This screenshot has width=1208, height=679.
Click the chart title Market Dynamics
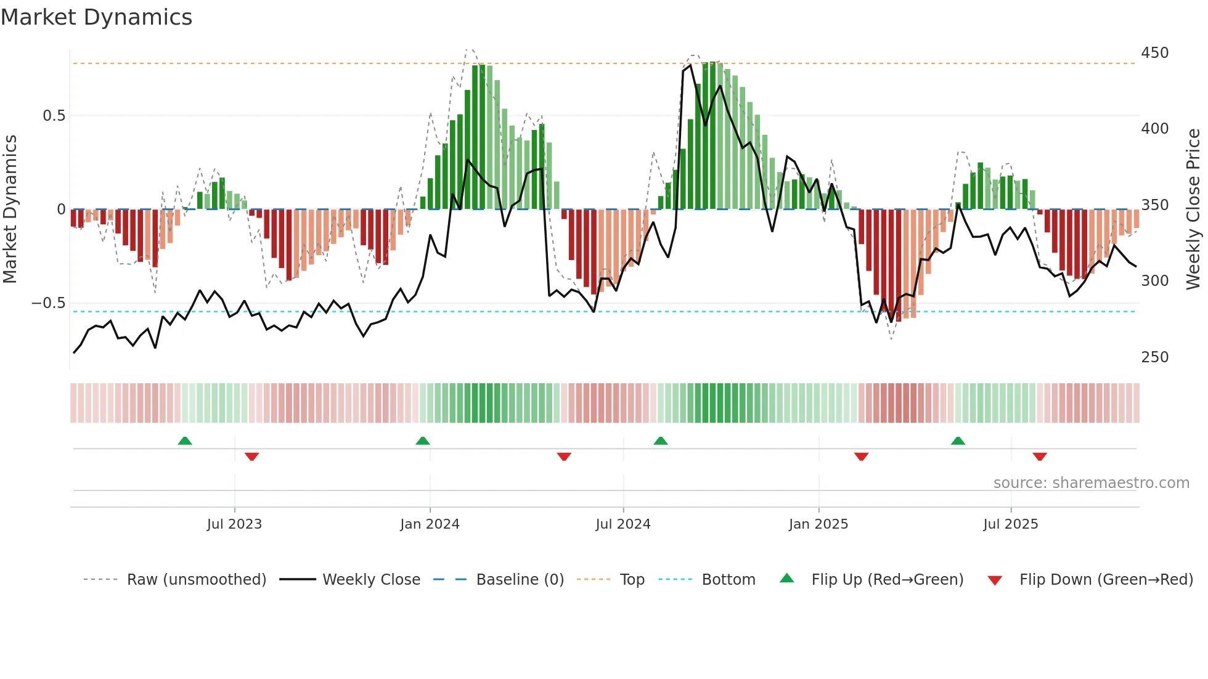[x=96, y=17]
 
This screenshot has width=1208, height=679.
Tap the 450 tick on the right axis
[x=1154, y=53]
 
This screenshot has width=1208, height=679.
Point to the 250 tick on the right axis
[x=1154, y=357]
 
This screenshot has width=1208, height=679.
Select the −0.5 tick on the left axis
[x=48, y=303]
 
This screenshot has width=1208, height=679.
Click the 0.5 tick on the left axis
[x=54, y=116]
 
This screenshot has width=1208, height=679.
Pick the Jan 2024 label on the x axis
[x=430, y=524]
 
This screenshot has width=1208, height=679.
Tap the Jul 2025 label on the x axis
[x=1010, y=524]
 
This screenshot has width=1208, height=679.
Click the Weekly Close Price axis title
[x=1193, y=209]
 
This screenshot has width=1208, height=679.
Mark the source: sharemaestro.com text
[x=1091, y=483]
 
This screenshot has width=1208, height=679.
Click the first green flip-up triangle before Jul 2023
[x=185, y=441]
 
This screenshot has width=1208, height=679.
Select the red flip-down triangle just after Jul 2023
[x=251, y=457]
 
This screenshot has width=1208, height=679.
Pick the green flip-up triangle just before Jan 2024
[x=423, y=441]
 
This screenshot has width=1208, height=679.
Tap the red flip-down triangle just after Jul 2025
[x=1040, y=457]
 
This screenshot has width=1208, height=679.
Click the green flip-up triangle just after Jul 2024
[x=661, y=441]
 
